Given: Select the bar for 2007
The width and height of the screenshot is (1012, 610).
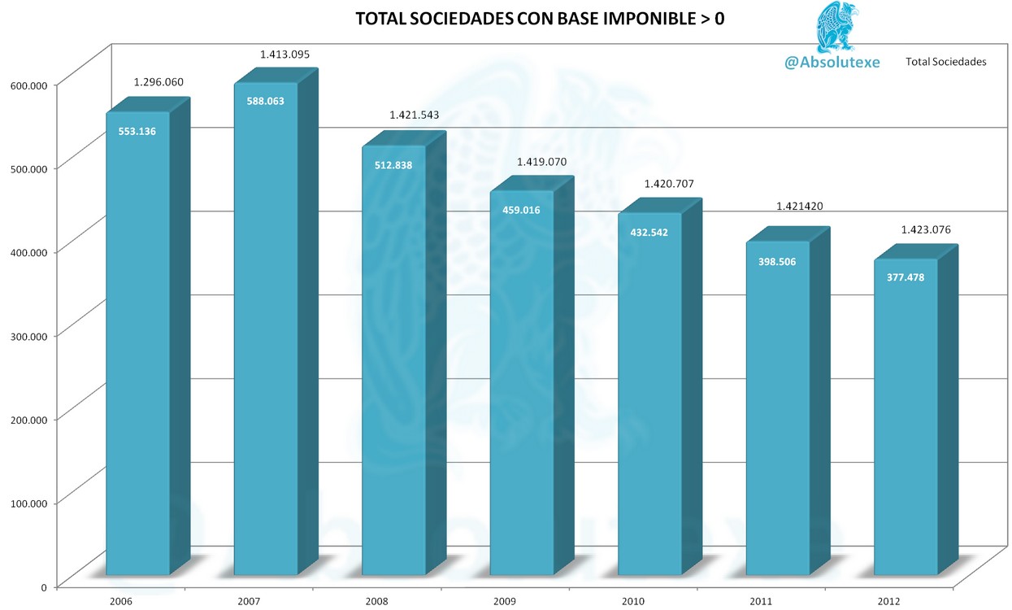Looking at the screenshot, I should [266, 325].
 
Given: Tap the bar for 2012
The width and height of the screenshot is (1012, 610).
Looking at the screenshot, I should [906, 415].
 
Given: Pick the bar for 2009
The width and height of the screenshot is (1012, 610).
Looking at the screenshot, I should [522, 382].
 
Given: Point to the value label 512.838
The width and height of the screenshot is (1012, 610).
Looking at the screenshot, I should [393, 165].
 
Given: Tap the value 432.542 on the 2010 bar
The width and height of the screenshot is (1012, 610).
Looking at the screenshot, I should [649, 232].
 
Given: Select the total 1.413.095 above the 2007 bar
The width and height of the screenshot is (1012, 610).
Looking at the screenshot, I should [284, 54].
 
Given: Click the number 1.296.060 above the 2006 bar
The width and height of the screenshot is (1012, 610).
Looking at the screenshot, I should [158, 82].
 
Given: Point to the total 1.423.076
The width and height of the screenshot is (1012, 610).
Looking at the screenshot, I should [925, 229].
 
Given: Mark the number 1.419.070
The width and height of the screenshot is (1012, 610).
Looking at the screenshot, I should [541, 162].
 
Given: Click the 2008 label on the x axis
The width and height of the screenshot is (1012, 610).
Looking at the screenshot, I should [376, 601].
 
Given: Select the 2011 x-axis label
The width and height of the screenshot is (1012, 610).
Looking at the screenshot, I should [760, 601].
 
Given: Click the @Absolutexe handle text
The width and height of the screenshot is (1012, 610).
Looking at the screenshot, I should [832, 62].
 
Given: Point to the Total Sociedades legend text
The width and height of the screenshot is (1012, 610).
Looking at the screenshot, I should [945, 62].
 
